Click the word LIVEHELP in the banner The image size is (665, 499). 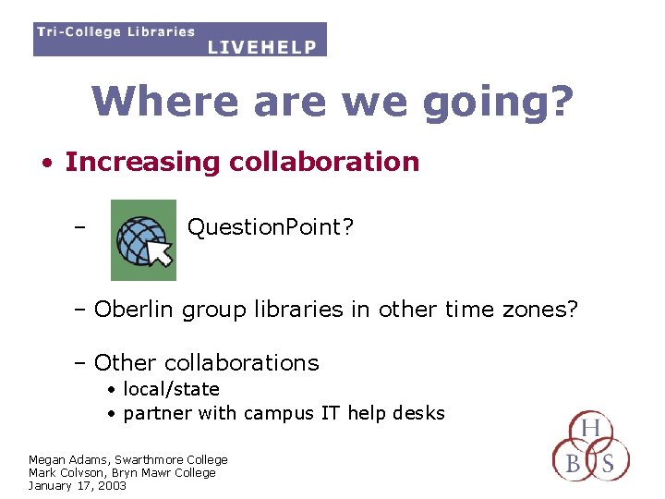[262, 46]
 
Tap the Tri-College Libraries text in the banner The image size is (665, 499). [115, 31]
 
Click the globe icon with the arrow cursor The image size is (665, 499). [143, 240]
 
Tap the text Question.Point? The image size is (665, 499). [270, 228]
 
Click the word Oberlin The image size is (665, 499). [134, 309]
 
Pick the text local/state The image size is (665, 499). [171, 389]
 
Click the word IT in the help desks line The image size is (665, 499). [331, 413]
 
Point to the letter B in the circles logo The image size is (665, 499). [573, 462]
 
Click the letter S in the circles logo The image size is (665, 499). [608, 462]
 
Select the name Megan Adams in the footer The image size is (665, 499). [69, 459]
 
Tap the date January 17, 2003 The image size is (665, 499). [77, 485]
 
